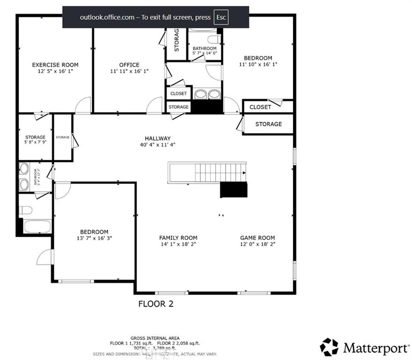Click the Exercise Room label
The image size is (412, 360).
[x=55, y=65]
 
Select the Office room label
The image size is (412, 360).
[x=129, y=65]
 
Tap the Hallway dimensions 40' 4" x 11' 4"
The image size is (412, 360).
[x=157, y=145]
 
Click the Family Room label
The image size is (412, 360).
[x=178, y=238]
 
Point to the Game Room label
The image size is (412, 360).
[x=257, y=238]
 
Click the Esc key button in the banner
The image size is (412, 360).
[x=221, y=17]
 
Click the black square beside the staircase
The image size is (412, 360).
[x=234, y=190]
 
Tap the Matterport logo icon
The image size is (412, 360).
[x=329, y=347]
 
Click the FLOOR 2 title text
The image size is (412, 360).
[x=155, y=304]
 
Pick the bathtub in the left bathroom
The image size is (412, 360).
[x=37, y=226]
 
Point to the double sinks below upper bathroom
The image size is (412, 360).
[x=207, y=94]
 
